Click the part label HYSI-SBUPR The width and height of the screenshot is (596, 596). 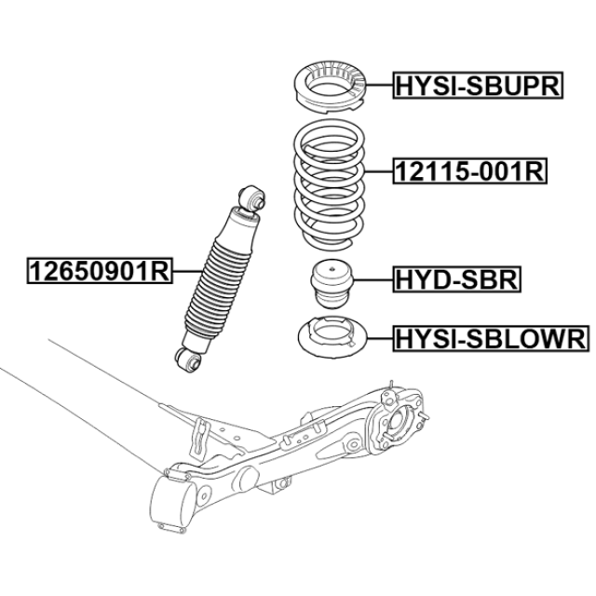coord(478,85)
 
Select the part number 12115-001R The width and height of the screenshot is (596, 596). coord(469,170)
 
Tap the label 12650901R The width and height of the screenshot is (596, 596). coord(100,271)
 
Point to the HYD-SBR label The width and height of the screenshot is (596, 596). coord(457,279)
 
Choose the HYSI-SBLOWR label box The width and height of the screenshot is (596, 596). coord(491,338)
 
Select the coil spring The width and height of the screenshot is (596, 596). coord(329,184)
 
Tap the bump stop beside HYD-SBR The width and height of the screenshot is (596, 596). coord(332,283)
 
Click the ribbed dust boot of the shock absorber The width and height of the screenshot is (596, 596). coord(218,288)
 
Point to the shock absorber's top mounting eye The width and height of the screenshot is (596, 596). coord(251,197)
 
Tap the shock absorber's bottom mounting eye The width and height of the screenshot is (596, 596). coord(187,359)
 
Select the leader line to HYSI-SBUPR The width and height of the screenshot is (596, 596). coord(379,85)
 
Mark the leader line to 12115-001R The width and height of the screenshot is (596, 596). coord(379,171)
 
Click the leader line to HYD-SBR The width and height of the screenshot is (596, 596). coord(372,280)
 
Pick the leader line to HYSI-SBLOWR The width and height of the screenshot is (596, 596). coord(380,338)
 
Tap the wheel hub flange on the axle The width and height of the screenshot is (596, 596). coord(400,423)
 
